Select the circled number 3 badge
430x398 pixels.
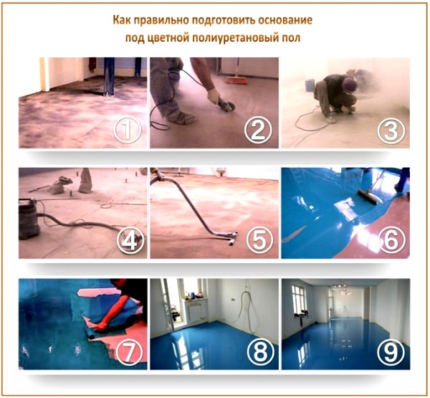(x=391, y=131)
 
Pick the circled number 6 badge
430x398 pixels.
(x=391, y=241)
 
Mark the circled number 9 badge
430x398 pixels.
(x=391, y=351)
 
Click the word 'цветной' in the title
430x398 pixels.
(x=169, y=37)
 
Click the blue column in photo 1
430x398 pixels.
(x=108, y=75)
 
